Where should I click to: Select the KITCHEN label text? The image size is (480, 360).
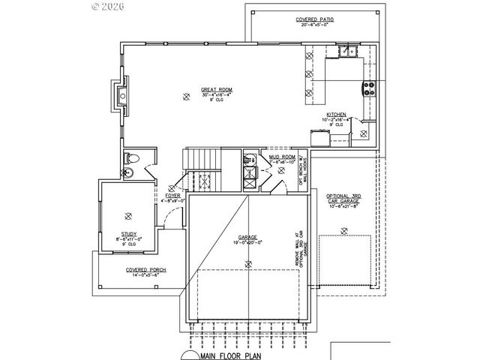click(336, 115)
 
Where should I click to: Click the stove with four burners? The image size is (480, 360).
click(369, 87)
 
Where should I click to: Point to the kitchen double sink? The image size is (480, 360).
click(346, 52)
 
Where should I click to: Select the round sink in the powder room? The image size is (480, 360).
click(127, 173)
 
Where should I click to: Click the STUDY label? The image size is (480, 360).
click(128, 233)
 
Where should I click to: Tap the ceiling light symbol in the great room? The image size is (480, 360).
click(187, 95)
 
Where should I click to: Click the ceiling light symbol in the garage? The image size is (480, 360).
click(247, 262)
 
